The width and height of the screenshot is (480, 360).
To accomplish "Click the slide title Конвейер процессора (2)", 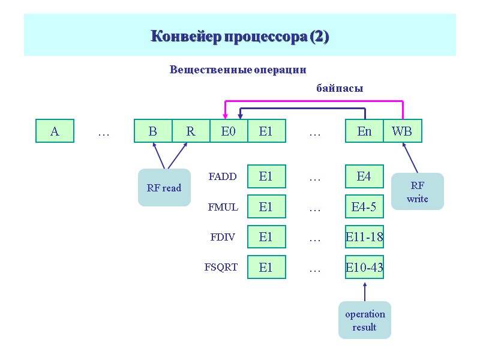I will (239, 37).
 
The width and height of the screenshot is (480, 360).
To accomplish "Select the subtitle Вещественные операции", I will (238, 70).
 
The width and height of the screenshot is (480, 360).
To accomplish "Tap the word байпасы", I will (340, 88).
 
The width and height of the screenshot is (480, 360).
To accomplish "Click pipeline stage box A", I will (55, 131).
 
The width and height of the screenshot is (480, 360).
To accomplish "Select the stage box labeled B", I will (152, 131).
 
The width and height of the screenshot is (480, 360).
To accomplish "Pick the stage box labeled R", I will (191, 131).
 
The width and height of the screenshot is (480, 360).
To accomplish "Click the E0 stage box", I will (228, 131).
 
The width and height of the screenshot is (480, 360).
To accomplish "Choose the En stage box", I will (364, 131).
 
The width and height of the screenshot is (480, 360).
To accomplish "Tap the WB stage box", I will (402, 131).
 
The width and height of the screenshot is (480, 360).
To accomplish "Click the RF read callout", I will (164, 188).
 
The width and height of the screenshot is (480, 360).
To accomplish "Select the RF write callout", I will (417, 191).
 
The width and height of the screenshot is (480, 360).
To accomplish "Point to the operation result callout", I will (365, 320).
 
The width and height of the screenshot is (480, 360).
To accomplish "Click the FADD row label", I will (223, 176).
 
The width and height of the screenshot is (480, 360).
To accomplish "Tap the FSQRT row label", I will (221, 268).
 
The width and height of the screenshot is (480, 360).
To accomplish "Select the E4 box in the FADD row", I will (364, 176).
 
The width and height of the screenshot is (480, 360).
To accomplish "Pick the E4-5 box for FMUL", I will (364, 207).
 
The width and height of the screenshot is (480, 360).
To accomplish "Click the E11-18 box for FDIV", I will (364, 237).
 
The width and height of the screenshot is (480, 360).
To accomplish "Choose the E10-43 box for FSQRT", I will (364, 268).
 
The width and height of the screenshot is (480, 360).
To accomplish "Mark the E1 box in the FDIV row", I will (266, 237).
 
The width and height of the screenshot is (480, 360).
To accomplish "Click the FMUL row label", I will (223, 207).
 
